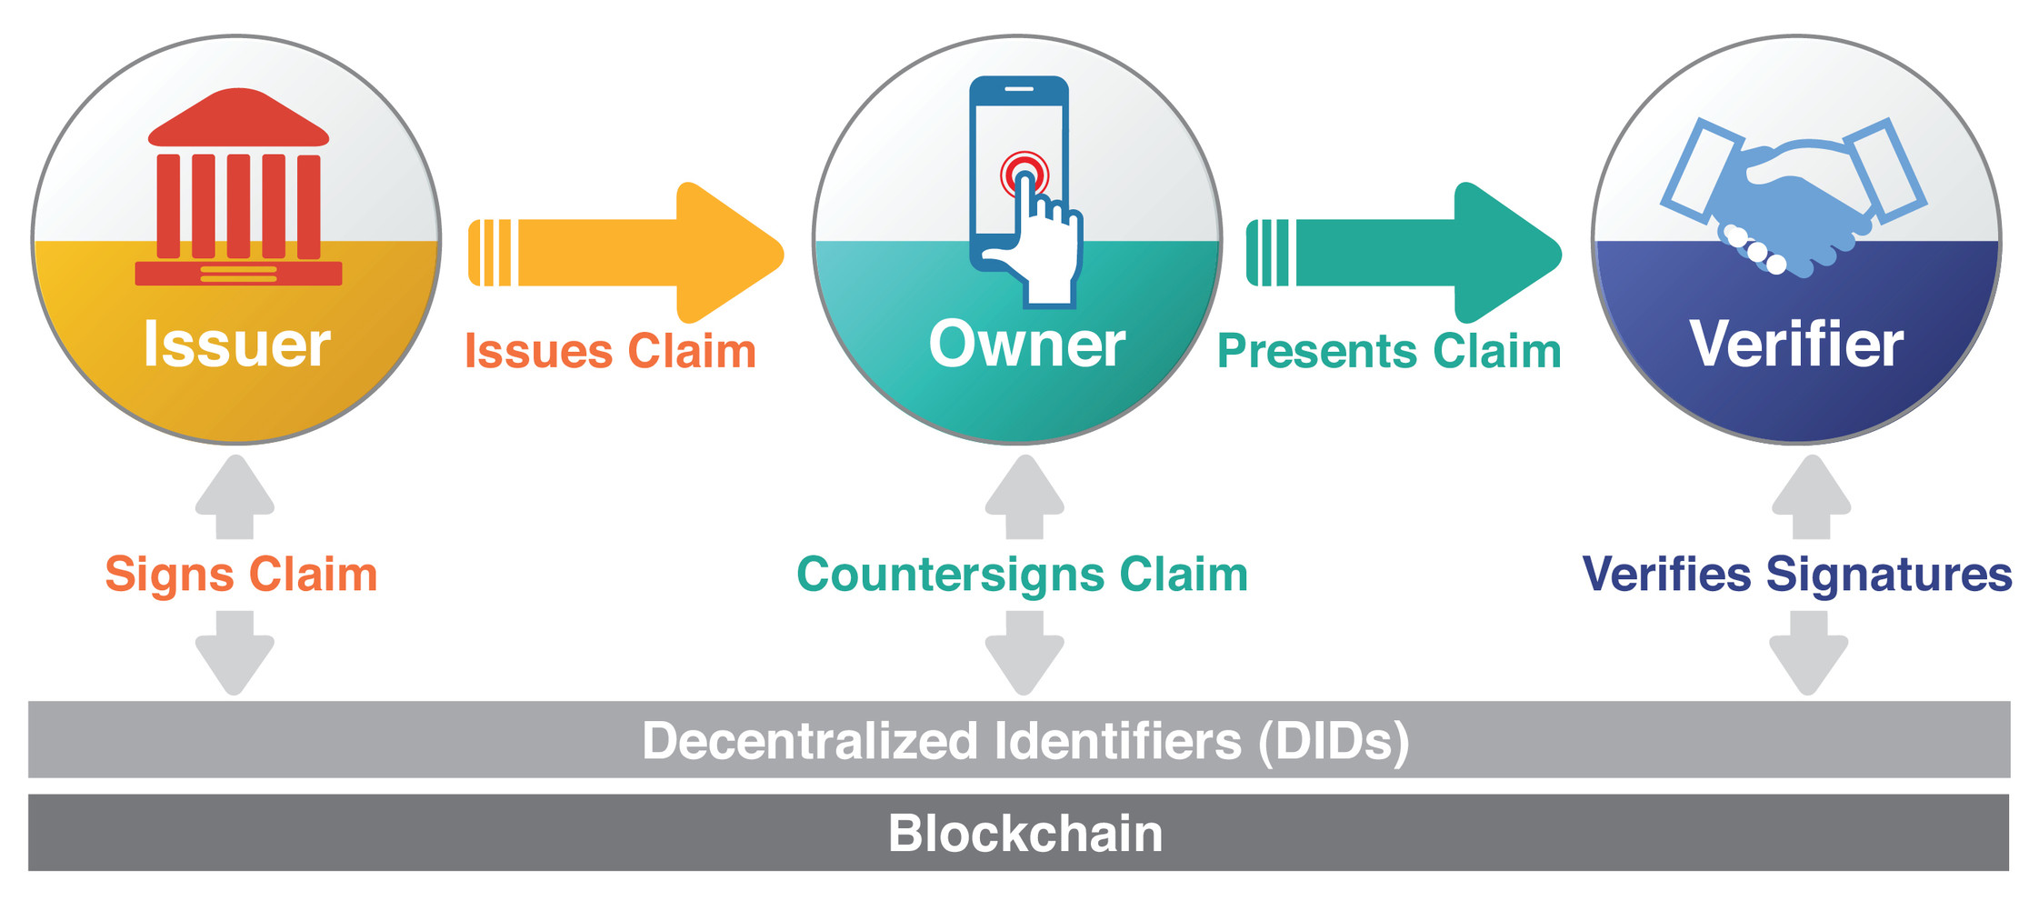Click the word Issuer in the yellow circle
point(236,345)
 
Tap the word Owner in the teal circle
point(1026,345)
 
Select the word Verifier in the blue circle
point(1796,345)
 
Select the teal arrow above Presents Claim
point(1404,253)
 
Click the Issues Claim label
point(610,352)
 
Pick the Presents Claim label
point(1389,352)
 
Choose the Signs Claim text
point(241,575)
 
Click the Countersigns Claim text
point(1022,575)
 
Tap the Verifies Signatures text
point(1797,575)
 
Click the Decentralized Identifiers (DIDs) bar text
point(1025,740)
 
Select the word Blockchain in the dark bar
point(1025,834)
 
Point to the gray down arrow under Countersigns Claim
point(1024,653)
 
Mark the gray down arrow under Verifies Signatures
point(1808,653)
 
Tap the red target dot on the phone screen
point(1024,173)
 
